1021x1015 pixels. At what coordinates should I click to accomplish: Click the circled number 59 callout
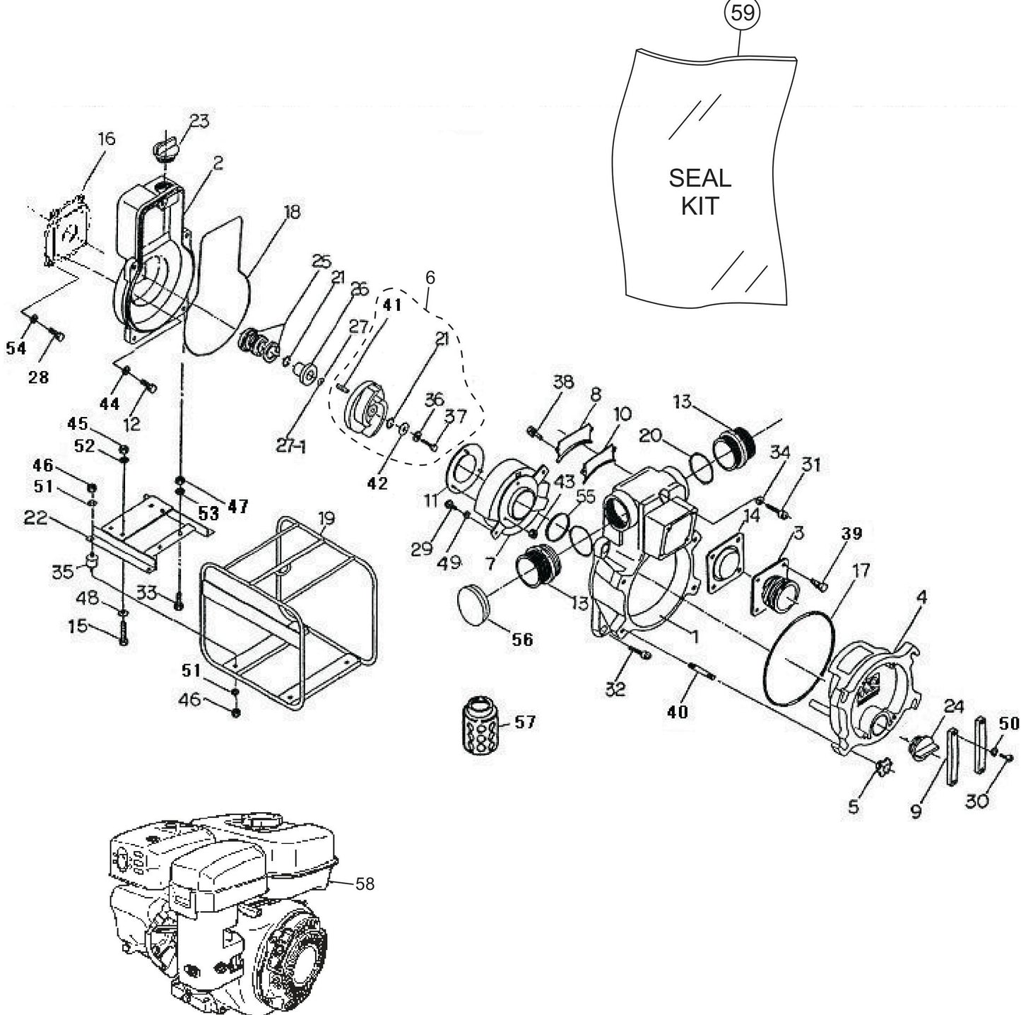point(743,13)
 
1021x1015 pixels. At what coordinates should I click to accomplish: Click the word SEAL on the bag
point(700,177)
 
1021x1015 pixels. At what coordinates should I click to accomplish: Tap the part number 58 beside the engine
point(365,884)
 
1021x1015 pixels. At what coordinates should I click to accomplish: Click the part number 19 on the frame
point(326,520)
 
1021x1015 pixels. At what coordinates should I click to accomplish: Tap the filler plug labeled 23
point(165,149)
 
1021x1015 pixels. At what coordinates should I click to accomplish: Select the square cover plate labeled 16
point(68,232)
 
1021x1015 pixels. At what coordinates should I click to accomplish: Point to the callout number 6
point(430,278)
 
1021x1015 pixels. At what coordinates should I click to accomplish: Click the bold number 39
point(852,534)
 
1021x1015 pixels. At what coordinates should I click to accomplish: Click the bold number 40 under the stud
point(677,712)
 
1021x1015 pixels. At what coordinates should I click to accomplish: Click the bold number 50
point(1009,723)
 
